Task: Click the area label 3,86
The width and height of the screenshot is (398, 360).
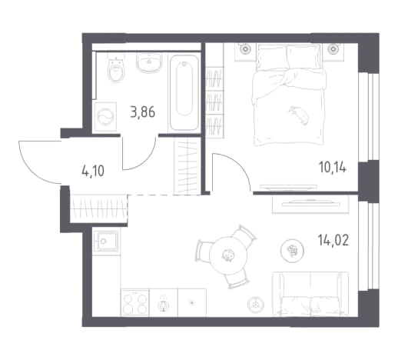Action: pyautogui.click(x=143, y=112)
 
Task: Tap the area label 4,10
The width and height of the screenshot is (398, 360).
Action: pyautogui.click(x=93, y=171)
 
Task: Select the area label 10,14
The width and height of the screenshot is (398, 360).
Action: pyautogui.click(x=333, y=167)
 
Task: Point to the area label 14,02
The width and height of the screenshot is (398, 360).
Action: pyautogui.click(x=333, y=240)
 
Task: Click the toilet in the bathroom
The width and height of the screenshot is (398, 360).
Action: pyautogui.click(x=116, y=68)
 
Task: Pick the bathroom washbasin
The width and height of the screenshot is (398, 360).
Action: pyautogui.click(x=149, y=62)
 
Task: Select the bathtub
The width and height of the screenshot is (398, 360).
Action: pyautogui.click(x=184, y=93)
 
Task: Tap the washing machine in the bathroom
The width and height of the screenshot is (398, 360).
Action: pyautogui.click(x=105, y=117)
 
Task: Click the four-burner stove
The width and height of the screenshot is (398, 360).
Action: pyautogui.click(x=134, y=303)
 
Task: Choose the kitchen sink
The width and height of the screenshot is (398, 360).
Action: pyautogui.click(x=106, y=242)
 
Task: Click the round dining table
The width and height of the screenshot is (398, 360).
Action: pyautogui.click(x=228, y=255)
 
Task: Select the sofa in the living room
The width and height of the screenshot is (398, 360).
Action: pyautogui.click(x=310, y=293)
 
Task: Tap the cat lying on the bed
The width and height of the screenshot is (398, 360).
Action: pyautogui.click(x=299, y=115)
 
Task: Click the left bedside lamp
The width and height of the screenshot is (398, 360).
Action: pyautogui.click(x=245, y=48)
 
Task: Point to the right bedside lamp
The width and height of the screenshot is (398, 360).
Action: pyautogui.click(x=333, y=48)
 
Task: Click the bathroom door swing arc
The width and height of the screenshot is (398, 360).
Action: pyautogui.click(x=145, y=161)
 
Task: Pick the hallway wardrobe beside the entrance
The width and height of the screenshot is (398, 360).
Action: pyautogui.click(x=98, y=209)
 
